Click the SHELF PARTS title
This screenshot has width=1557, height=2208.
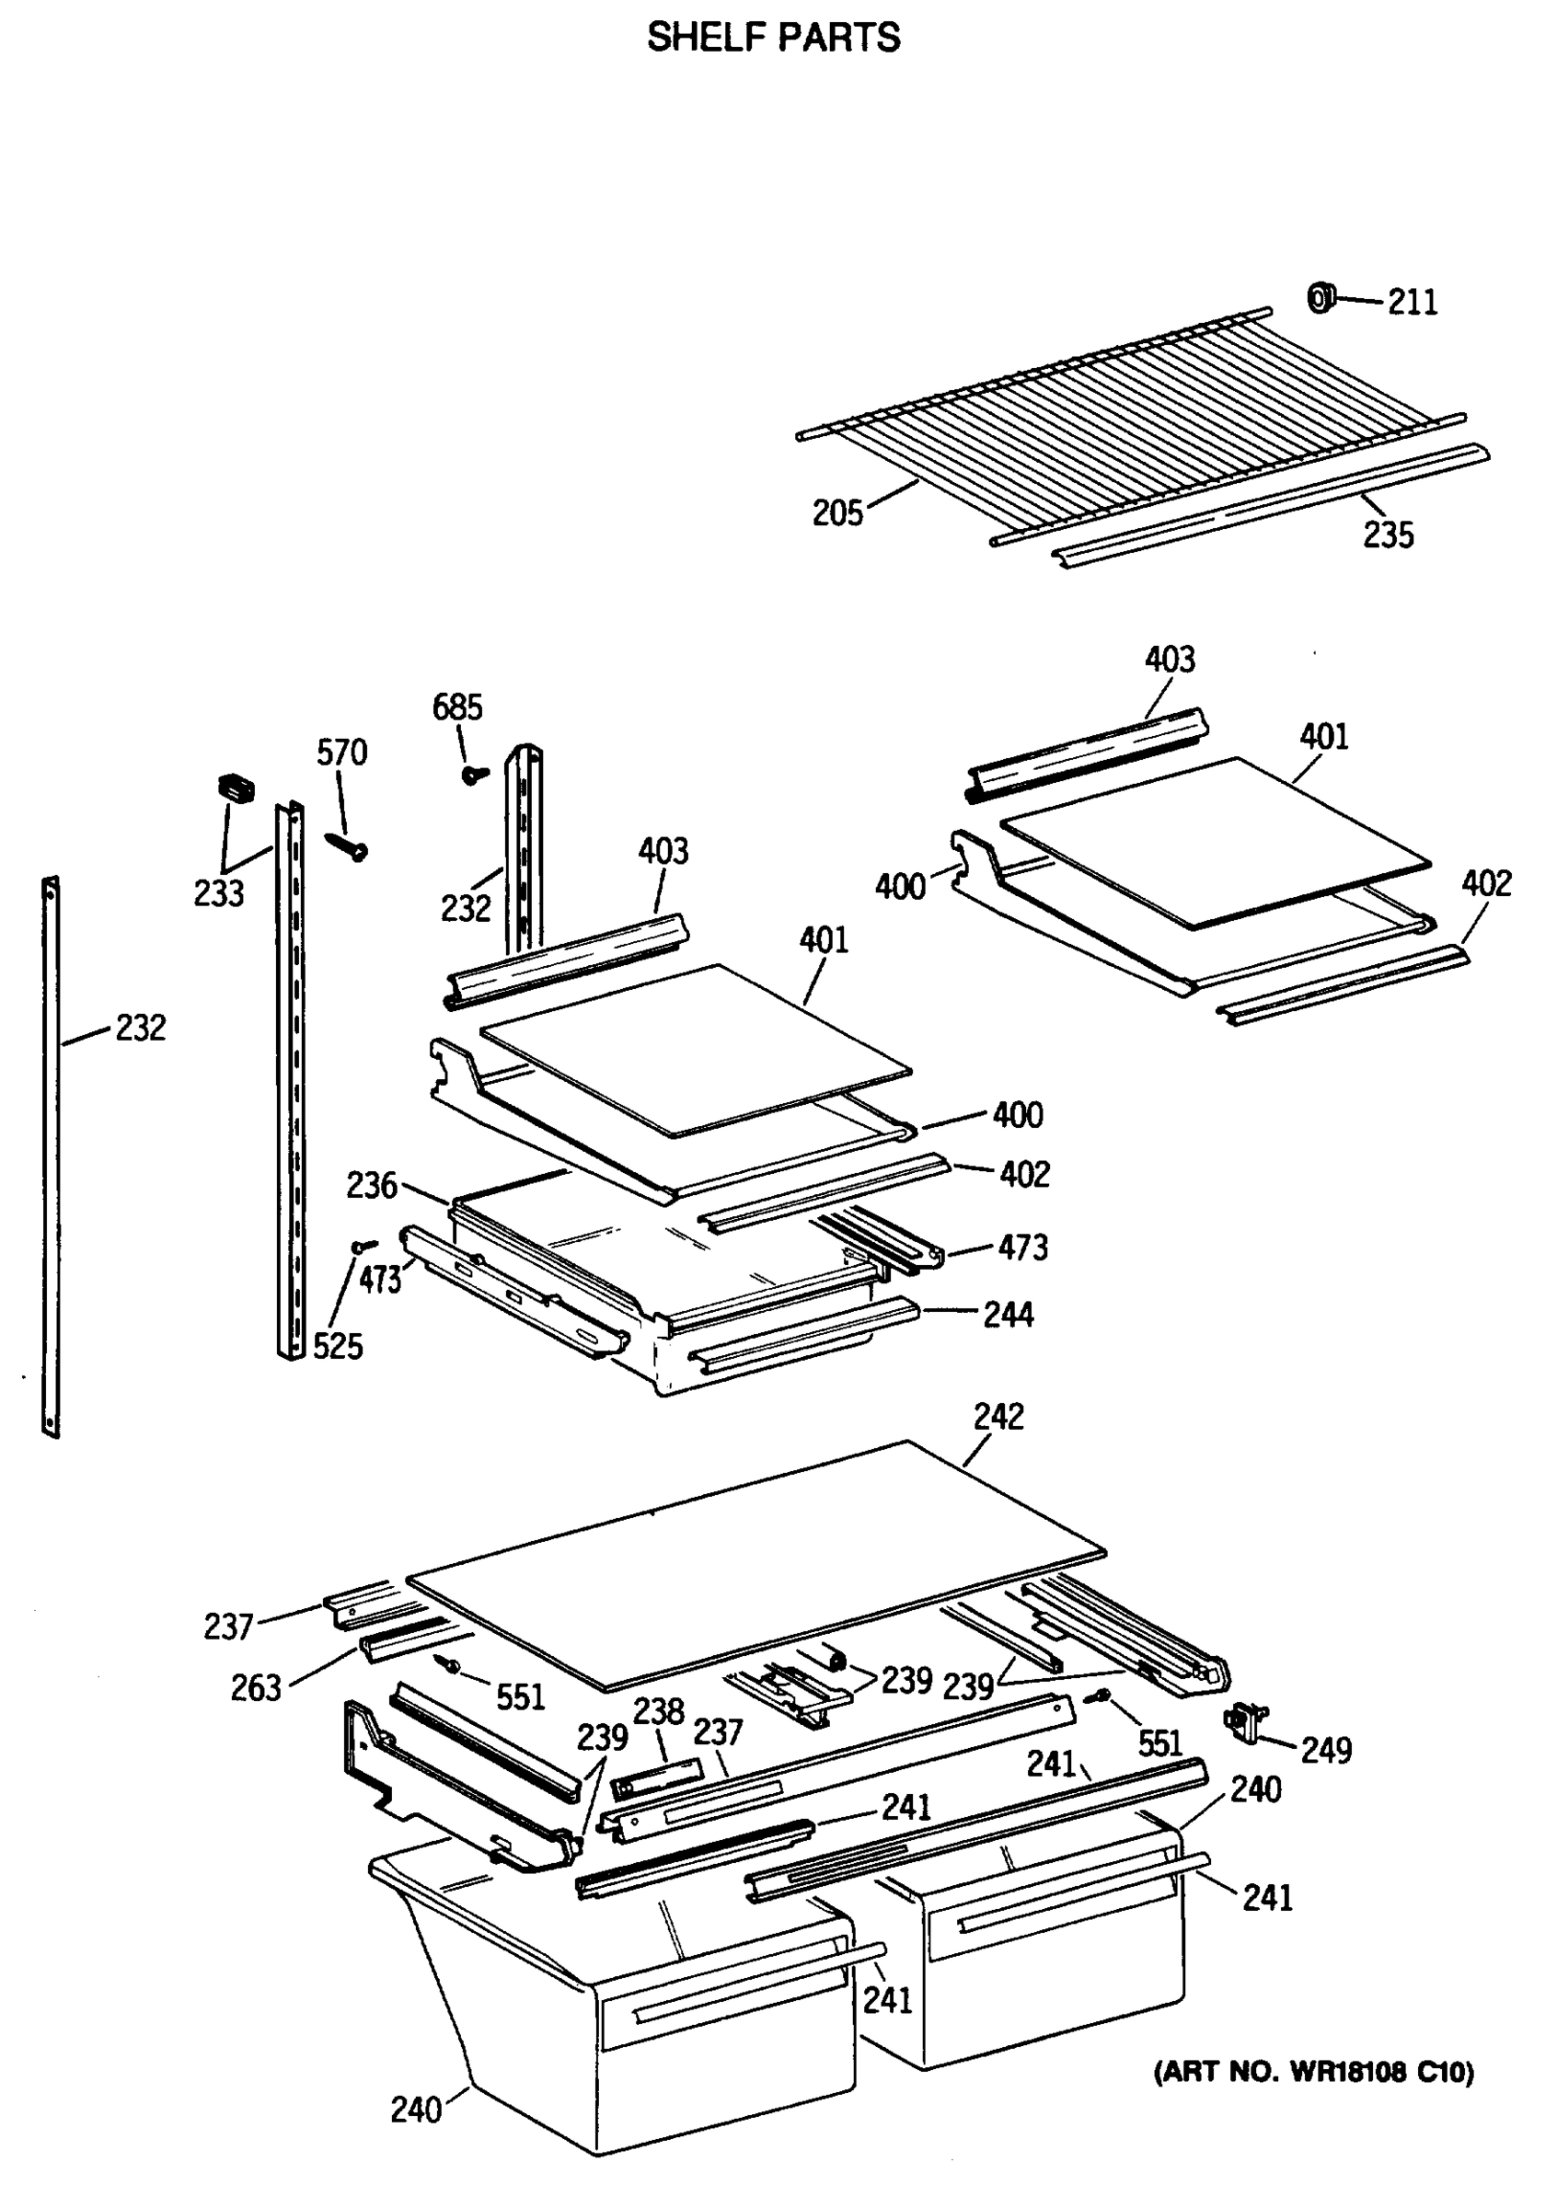point(773,39)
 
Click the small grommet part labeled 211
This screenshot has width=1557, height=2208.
point(1321,299)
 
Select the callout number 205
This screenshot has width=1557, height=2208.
point(837,513)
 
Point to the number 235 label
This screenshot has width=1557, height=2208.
point(1388,535)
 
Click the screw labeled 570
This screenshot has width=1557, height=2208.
point(347,845)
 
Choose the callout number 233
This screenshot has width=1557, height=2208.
point(218,893)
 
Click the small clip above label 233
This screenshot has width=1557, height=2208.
point(236,788)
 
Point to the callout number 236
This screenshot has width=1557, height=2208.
point(371,1186)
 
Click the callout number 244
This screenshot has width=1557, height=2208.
point(1008,1314)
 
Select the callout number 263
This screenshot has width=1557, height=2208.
point(256,1687)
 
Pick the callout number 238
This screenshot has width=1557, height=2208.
point(658,1711)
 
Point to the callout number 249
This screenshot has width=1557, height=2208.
point(1326,1749)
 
